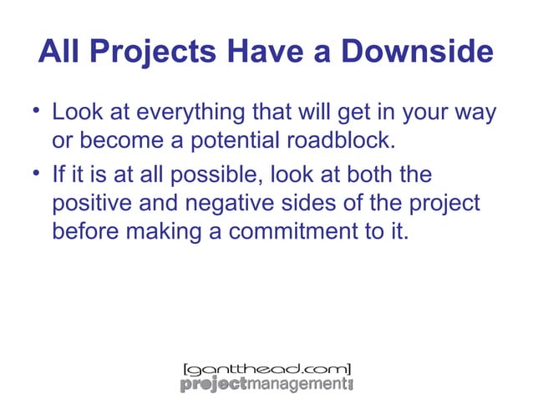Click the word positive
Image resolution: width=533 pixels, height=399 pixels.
95,204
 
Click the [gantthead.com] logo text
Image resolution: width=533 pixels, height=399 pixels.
266,368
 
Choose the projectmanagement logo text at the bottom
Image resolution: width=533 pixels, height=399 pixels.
266,384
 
